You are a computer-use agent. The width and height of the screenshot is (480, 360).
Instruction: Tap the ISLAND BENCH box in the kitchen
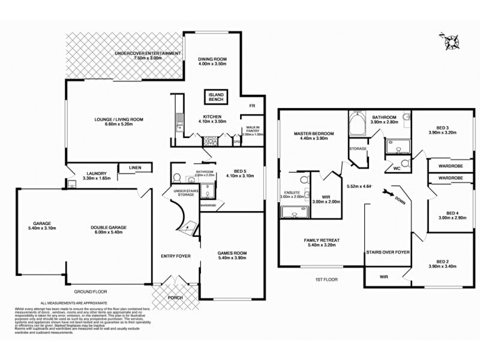[x=216, y=97]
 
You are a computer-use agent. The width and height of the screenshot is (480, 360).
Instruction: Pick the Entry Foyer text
[x=176, y=256]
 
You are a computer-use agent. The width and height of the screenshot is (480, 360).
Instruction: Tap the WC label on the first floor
[x=396, y=169]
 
